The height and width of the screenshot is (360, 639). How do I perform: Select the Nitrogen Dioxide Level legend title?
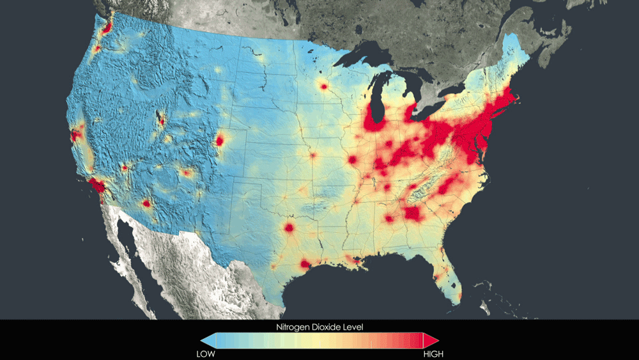pyautogui.click(x=319, y=327)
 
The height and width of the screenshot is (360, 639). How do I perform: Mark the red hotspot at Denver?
pyautogui.click(x=220, y=140)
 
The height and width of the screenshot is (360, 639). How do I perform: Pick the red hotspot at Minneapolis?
pyautogui.click(x=324, y=86)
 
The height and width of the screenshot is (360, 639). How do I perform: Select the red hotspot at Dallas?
pyautogui.click(x=289, y=227)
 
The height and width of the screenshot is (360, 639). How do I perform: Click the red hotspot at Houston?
pyautogui.click(x=305, y=263)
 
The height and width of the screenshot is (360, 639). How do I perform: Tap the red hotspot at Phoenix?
pyautogui.click(x=146, y=203)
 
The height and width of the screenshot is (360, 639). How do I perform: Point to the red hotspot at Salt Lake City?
pyautogui.click(x=162, y=120)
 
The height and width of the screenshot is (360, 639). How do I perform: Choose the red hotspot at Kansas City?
pyautogui.click(x=313, y=155)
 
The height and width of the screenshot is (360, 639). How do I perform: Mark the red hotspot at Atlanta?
pyautogui.click(x=413, y=213)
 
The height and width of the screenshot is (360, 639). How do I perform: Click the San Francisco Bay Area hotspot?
pyautogui.click(x=76, y=134)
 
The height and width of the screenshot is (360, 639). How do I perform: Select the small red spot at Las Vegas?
pyautogui.click(x=125, y=168)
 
